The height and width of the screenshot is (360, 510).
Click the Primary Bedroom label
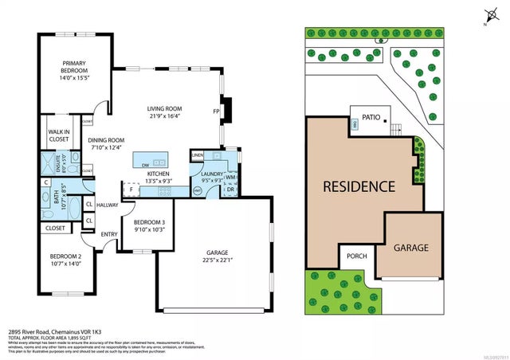coord(67,65)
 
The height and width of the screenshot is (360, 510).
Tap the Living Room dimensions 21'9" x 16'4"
coord(165,116)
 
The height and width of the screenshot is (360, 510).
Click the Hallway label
coord(108,205)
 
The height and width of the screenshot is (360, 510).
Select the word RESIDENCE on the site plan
coord(359,187)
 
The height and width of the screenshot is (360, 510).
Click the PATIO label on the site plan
coord(371,117)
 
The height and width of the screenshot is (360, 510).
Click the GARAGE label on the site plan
coord(410,248)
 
